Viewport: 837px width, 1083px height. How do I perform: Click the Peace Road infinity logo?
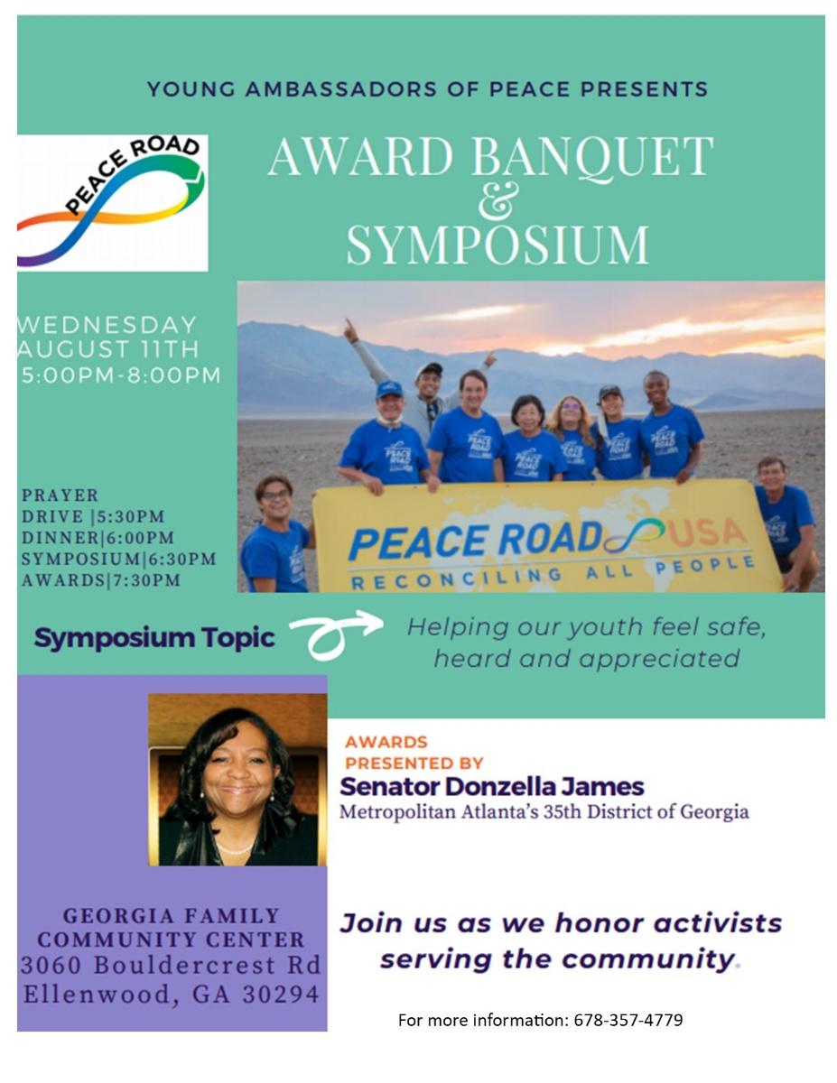pyautogui.click(x=113, y=203)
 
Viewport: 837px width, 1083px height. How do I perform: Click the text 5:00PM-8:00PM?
pyautogui.click(x=121, y=375)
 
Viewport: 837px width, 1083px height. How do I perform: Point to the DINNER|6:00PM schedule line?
pyautogui.click(x=98, y=538)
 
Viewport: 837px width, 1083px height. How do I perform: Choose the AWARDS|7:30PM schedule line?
pyautogui.click(x=100, y=580)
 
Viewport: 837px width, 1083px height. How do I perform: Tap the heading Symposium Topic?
pyautogui.click(x=154, y=638)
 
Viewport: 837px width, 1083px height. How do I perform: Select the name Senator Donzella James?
pyautogui.click(x=492, y=786)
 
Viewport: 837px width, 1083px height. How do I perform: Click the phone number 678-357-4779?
pyautogui.click(x=628, y=1021)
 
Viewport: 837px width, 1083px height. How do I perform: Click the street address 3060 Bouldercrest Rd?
pyautogui.click(x=171, y=965)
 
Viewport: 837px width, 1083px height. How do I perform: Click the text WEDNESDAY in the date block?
pyautogui.click(x=107, y=325)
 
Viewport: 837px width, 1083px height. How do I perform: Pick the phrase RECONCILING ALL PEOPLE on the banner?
pyautogui.click(x=553, y=574)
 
